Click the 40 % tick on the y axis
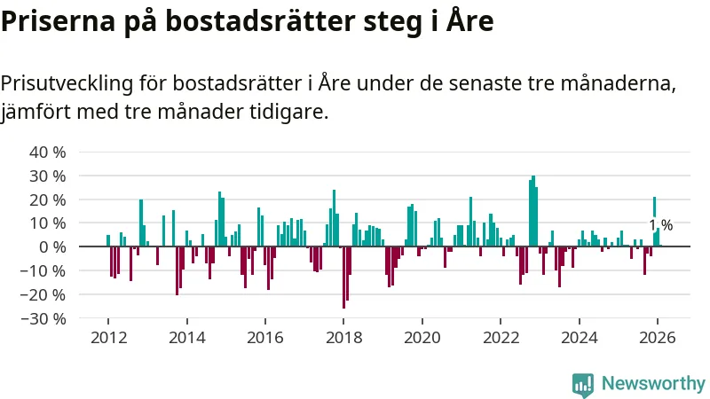coord(48,152)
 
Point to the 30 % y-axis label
coord(48,176)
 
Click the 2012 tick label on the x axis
coord(108,337)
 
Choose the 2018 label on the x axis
coord(343,337)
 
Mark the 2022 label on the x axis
coord(501,337)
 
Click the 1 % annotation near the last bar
coord(660,225)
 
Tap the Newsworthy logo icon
coord(583,383)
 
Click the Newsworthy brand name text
coord(653,383)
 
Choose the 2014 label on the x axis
coord(186,337)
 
